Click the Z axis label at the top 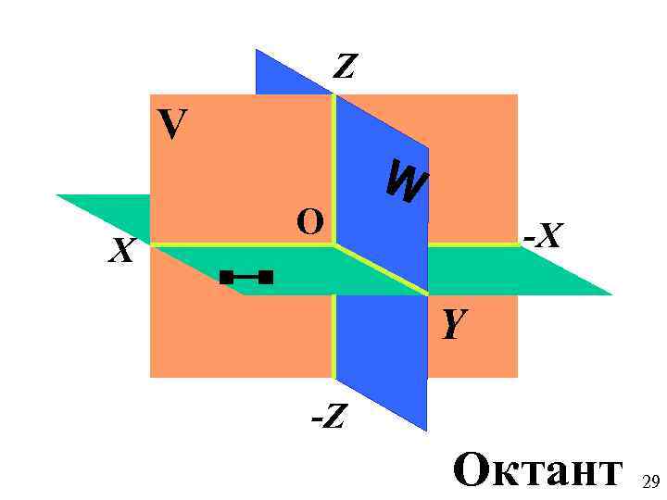tap(345, 66)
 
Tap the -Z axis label tap(328, 418)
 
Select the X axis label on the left tap(121, 251)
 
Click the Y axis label tap(452, 324)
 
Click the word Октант tap(537, 469)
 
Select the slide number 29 tap(650, 481)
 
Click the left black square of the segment tap(226, 276)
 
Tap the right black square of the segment tap(267, 276)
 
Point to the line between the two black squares tap(246, 276)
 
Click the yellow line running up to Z tap(333, 167)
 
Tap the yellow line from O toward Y tap(380, 269)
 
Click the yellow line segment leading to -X tap(472, 244)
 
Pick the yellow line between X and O tap(241, 245)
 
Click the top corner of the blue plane tap(258, 50)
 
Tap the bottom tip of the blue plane tap(426, 429)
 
